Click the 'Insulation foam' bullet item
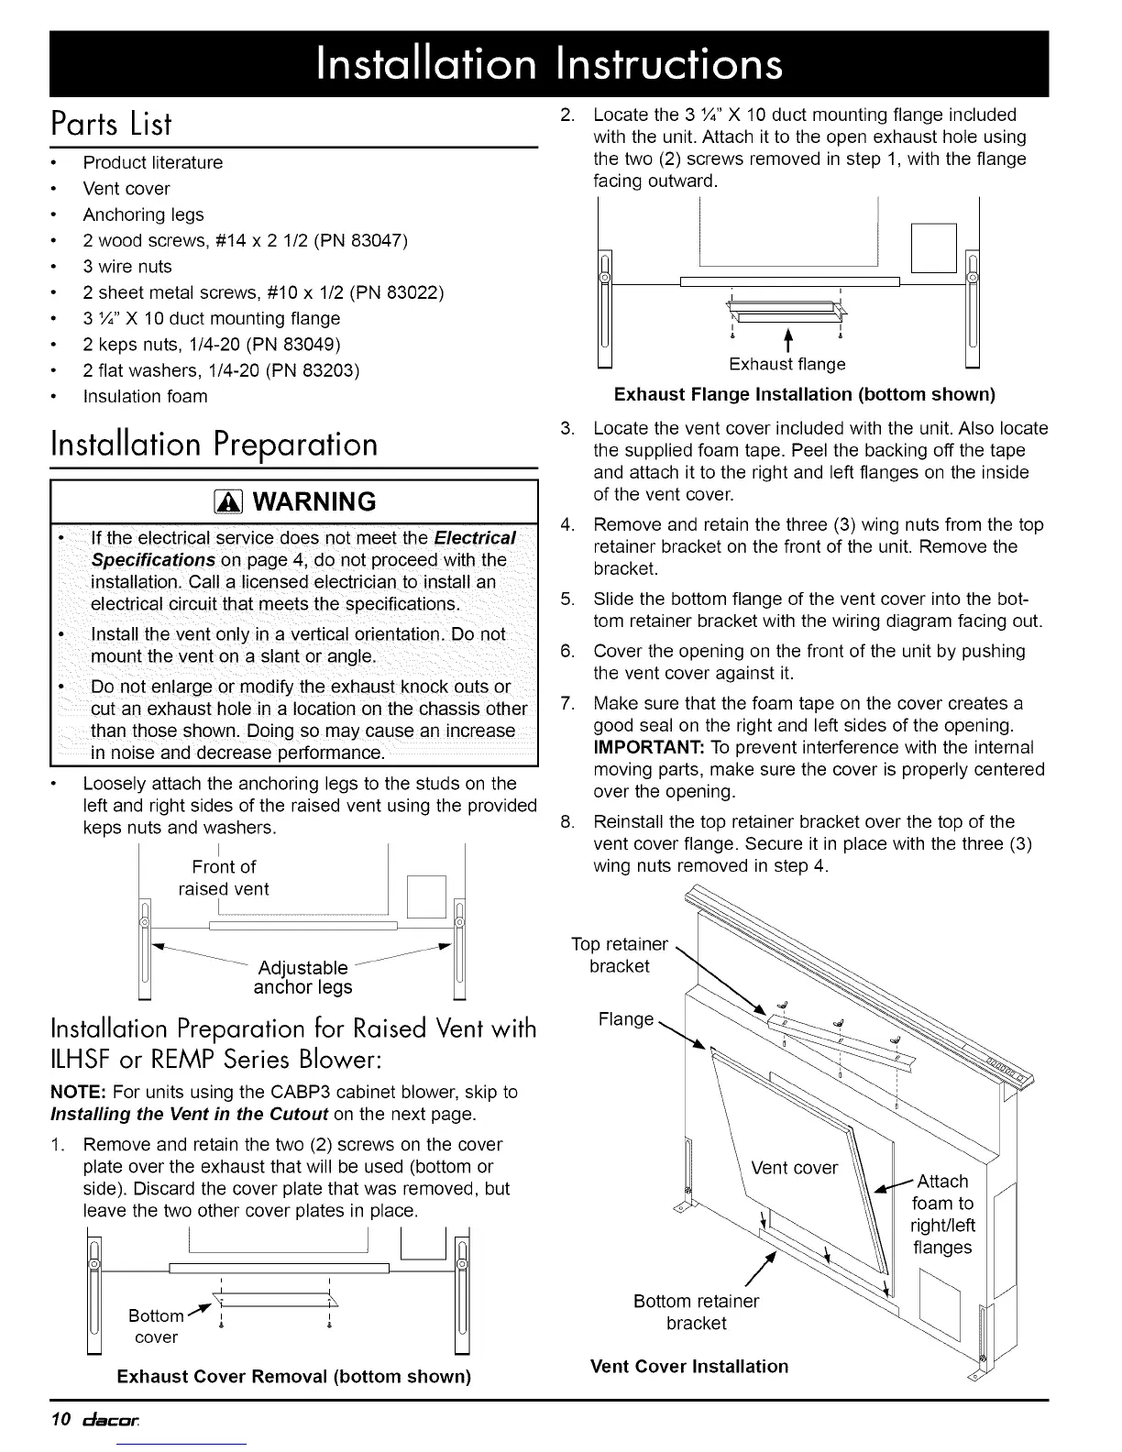coord(145,396)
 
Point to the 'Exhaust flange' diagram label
coord(786,364)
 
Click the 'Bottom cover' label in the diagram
coord(156,1325)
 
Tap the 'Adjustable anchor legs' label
coord(302,977)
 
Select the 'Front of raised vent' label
coord(224,877)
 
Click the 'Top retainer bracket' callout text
coord(620,954)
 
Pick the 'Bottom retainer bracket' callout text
coord(696,1312)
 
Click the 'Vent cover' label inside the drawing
coord(794,1167)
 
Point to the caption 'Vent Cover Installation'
coord(689,1366)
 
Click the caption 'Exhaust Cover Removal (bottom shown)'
coord(293,1376)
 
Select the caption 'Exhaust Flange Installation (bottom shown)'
coord(804,394)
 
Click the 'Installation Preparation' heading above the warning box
coord(214,444)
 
